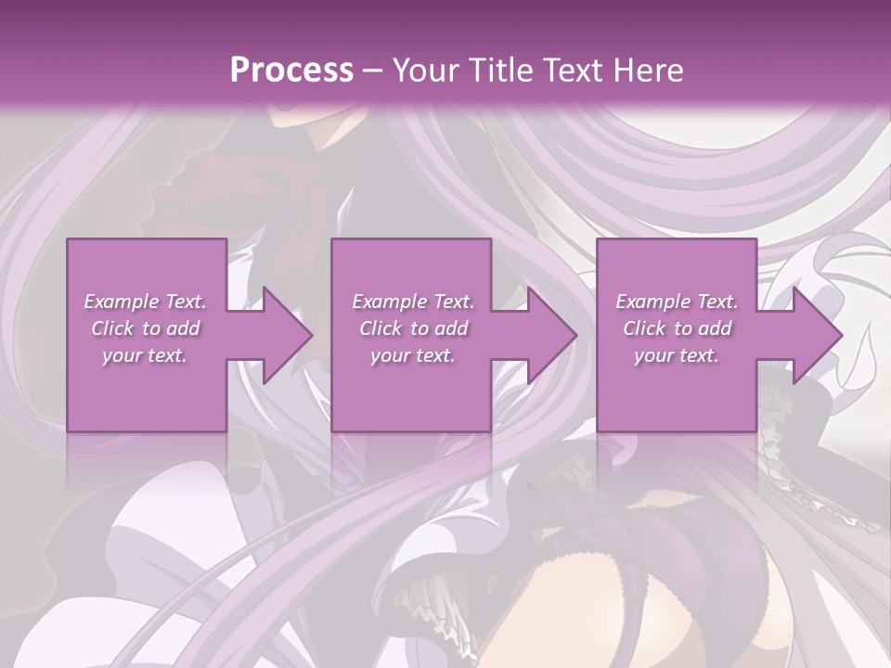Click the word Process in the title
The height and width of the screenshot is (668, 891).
[x=291, y=70]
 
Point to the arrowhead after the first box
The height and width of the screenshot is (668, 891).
[x=278, y=335]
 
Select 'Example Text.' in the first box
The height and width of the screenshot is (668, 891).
[x=146, y=302]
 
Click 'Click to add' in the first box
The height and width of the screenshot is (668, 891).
[x=146, y=328]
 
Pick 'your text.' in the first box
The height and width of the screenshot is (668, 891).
[x=146, y=355]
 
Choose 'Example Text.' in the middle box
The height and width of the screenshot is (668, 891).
[x=412, y=302]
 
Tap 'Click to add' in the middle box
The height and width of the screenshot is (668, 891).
[x=412, y=328]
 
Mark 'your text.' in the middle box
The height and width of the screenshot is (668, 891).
[x=412, y=355]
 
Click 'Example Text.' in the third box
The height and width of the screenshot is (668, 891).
[x=677, y=302]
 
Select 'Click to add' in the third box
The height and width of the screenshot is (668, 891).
[x=677, y=328]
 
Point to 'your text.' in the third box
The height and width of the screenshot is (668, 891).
[x=677, y=355]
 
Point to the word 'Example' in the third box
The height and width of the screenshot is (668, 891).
[x=652, y=302]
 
